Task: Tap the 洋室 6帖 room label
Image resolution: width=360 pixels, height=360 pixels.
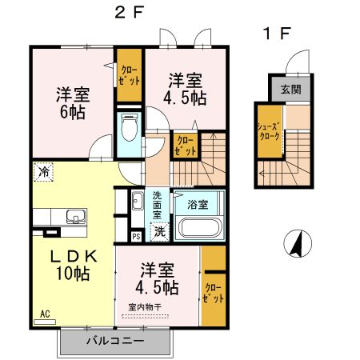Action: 72,102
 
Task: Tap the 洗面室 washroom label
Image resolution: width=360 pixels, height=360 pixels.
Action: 158,206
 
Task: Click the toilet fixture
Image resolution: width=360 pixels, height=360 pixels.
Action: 129,126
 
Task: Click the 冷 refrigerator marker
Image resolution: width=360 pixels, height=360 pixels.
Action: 43,171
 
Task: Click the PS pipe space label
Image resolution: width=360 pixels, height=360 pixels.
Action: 137,235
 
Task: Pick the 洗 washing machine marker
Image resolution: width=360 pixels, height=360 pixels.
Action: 160,231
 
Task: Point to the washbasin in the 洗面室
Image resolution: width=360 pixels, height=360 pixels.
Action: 137,201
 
